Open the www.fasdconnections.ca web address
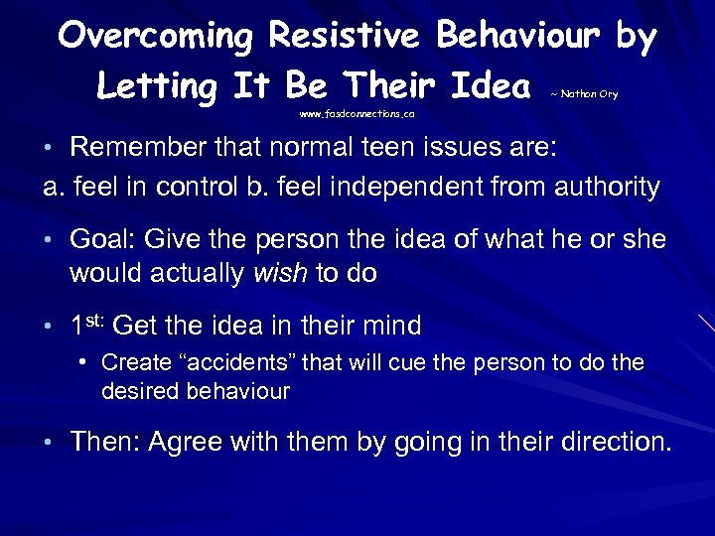coord(357,114)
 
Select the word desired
coord(134,391)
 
